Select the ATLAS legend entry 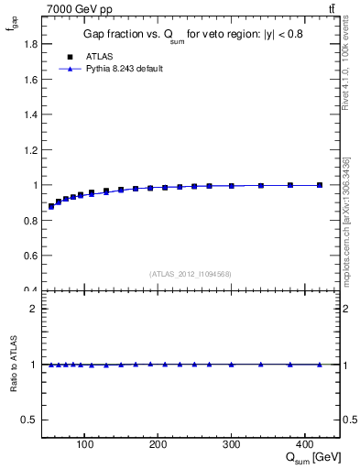[99, 56]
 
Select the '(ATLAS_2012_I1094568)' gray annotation [191, 274]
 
